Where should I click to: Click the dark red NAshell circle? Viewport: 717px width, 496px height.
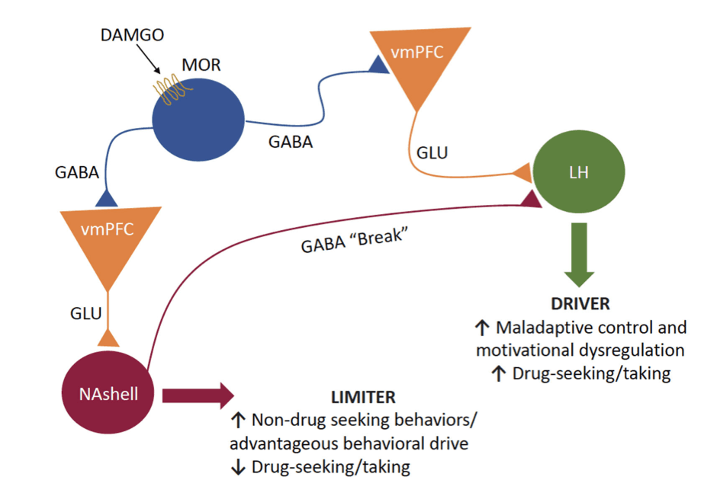(109, 394)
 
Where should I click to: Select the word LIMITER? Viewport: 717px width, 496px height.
(362, 397)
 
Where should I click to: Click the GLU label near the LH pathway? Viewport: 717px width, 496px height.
(432, 152)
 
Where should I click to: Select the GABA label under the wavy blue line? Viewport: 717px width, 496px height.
(290, 141)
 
